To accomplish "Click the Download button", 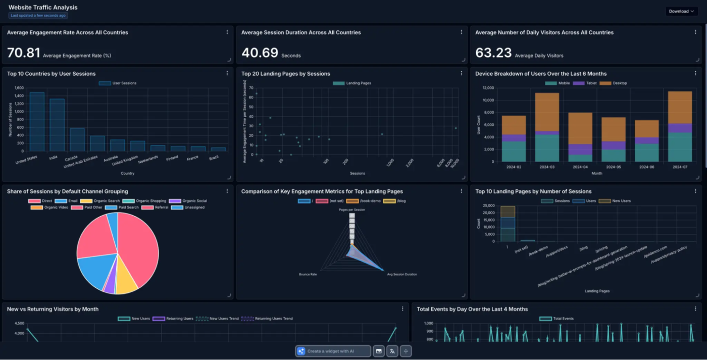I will pyautogui.click(x=681, y=11).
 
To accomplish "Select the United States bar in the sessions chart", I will pyautogui.click(x=37, y=121).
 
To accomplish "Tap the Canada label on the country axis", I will pyautogui.click(x=71, y=158).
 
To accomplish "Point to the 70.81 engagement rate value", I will pyautogui.click(x=23, y=53).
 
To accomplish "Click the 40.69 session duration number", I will pyautogui.click(x=260, y=53).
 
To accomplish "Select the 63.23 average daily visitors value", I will pyautogui.click(x=493, y=53).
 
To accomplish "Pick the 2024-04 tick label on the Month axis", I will pyautogui.click(x=572, y=167).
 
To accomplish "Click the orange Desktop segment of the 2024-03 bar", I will pyautogui.click(x=547, y=112).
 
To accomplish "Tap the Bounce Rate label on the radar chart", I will pyautogui.click(x=308, y=274).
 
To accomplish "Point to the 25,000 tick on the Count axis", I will pyautogui.click(x=488, y=206).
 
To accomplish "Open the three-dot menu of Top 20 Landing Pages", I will pyautogui.click(x=461, y=73).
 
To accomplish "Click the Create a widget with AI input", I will pyautogui.click(x=333, y=351).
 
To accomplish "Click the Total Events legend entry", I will pyautogui.click(x=559, y=319).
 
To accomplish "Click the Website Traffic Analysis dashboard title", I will pyautogui.click(x=43, y=8).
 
